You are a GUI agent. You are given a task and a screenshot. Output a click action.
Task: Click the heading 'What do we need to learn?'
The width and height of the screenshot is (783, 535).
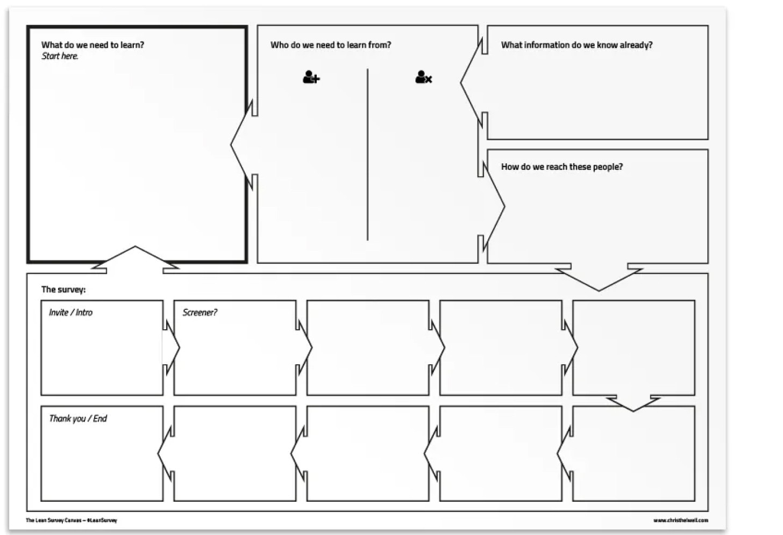click(x=92, y=45)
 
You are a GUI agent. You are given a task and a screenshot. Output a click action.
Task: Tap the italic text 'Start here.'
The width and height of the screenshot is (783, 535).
click(x=60, y=56)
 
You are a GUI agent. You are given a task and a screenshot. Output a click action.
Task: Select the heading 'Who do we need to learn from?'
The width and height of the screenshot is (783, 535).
click(x=331, y=45)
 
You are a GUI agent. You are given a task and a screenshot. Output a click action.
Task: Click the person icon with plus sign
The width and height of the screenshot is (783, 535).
click(x=311, y=78)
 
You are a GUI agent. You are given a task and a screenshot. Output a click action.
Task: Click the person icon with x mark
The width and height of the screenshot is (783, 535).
click(x=423, y=78)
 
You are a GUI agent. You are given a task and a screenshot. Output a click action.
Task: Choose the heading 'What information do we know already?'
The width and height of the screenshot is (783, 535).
click(x=576, y=45)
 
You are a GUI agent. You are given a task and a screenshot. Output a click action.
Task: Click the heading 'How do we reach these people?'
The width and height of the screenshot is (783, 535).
click(x=561, y=167)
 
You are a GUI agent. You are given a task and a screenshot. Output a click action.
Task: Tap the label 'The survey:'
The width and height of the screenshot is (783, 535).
click(x=63, y=290)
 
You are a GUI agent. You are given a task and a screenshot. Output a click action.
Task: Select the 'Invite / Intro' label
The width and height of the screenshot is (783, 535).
click(x=70, y=313)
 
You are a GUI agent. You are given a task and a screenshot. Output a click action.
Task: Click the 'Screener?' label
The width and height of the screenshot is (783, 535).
click(x=200, y=313)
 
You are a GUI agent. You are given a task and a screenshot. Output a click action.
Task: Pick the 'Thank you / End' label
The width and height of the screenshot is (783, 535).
click(x=78, y=419)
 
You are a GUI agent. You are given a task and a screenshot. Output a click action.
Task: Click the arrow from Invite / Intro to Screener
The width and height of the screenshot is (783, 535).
click(x=172, y=348)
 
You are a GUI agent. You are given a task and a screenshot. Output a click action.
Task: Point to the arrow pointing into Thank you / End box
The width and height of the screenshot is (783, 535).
click(x=166, y=454)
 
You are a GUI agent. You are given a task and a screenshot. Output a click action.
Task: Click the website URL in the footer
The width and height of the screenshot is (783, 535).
click(x=680, y=520)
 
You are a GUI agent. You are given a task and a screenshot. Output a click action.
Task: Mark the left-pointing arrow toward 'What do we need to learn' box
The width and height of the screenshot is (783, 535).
click(x=241, y=145)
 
